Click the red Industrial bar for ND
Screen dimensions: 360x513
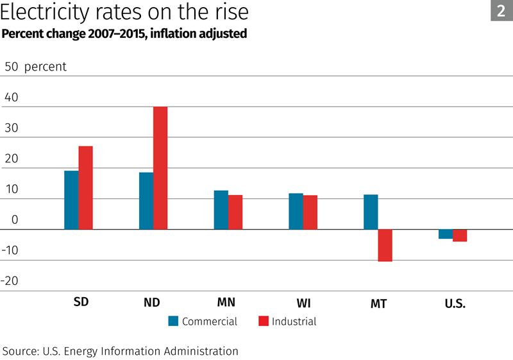160,168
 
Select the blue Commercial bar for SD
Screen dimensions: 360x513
71,200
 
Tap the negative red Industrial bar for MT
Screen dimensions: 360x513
385,245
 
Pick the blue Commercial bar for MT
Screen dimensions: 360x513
371,212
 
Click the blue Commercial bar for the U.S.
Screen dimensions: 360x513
445,234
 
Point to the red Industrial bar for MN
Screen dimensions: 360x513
235,212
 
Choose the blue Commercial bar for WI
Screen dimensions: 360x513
296,211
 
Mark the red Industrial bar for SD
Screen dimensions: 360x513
86,187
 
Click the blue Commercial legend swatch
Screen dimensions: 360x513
173,321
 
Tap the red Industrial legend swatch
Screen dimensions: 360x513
263,321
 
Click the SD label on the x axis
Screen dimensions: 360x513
81,302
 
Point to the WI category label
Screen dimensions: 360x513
304,303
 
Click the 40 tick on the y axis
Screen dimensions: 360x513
12,98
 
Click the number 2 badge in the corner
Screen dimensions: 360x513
501,10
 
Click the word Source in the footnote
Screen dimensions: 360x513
21,351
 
